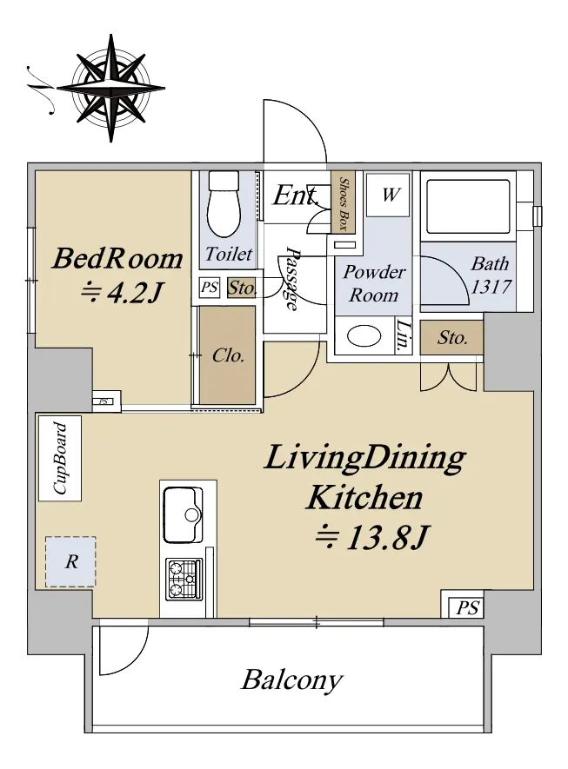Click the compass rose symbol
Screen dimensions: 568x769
(110, 89)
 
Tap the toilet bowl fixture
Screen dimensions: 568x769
(224, 204)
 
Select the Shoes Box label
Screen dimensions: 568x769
(344, 203)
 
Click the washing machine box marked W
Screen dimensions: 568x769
(388, 195)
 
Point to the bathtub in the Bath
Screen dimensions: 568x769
(468, 207)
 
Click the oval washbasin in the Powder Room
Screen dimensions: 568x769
(364, 336)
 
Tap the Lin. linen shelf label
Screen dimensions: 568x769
(403, 336)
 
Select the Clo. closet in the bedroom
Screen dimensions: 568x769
(227, 355)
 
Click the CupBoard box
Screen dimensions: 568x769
(60, 458)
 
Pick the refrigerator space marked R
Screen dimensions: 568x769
(70, 561)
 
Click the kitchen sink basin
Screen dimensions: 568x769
(184, 514)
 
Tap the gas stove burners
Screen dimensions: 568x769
(184, 579)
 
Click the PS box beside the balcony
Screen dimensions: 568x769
(466, 608)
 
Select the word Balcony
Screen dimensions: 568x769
(291, 680)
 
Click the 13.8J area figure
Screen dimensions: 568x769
(372, 537)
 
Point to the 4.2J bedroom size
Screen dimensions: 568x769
(120, 293)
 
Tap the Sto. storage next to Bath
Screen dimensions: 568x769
(452, 337)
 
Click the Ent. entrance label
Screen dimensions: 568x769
(296, 196)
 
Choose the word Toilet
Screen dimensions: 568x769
(228, 254)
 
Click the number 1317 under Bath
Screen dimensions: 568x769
(491, 286)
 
